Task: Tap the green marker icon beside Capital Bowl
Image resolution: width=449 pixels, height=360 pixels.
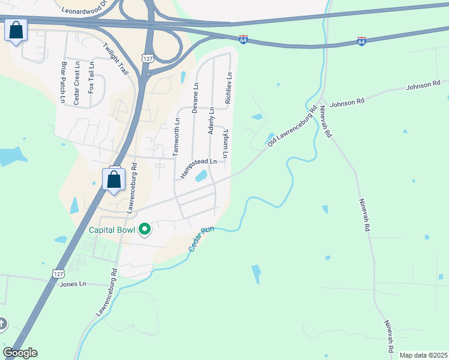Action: coord(145,229)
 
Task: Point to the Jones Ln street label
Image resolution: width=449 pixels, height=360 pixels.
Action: coord(73,284)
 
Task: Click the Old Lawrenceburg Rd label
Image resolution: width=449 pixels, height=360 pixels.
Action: coord(292,127)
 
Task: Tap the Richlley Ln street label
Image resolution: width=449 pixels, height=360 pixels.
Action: coord(229,89)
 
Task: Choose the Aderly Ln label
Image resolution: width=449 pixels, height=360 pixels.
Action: coord(211,121)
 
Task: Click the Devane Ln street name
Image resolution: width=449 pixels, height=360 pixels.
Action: coord(194,98)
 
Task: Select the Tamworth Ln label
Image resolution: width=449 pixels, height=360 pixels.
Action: coord(176,137)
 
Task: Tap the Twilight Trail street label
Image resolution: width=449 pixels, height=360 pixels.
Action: coord(116,58)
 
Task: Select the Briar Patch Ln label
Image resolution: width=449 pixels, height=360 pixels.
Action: coord(63,82)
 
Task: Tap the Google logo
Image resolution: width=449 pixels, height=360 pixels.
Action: coord(20,353)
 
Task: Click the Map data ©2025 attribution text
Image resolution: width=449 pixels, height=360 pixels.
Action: coord(423,355)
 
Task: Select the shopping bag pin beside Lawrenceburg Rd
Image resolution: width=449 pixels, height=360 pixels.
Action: coord(113,178)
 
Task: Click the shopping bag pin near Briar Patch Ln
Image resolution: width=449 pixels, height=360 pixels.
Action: coord(16,30)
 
